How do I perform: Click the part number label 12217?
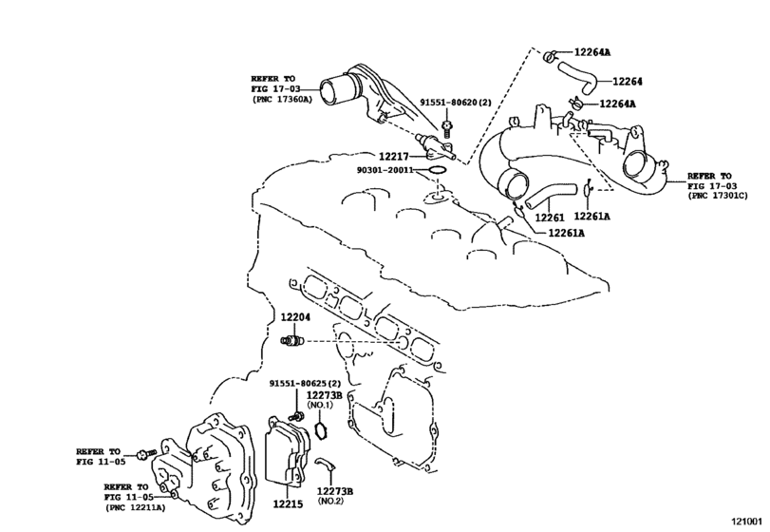pyautogui.click(x=393, y=157)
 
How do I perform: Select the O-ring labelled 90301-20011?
pyautogui.click(x=437, y=170)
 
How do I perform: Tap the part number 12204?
pyautogui.click(x=295, y=318)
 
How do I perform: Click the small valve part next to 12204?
pyautogui.click(x=291, y=340)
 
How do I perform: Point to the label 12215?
pyautogui.click(x=288, y=503)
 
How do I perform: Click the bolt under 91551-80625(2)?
pyautogui.click(x=296, y=416)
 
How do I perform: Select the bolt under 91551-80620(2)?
pyautogui.click(x=446, y=127)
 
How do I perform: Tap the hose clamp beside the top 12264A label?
pyautogui.click(x=550, y=56)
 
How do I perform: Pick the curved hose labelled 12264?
pyautogui.click(x=579, y=77)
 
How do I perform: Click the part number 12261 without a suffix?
pyautogui.click(x=549, y=217)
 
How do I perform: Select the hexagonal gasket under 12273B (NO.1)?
pyautogui.click(x=320, y=430)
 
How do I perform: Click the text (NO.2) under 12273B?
pyautogui.click(x=330, y=501)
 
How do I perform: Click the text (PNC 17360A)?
pyautogui.click(x=282, y=99)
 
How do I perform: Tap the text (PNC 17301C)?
pyautogui.click(x=718, y=196)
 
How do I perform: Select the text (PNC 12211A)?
pyautogui.click(x=135, y=507)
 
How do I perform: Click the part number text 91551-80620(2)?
pyautogui.click(x=455, y=103)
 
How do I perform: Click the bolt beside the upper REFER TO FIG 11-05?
pyautogui.click(x=147, y=453)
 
